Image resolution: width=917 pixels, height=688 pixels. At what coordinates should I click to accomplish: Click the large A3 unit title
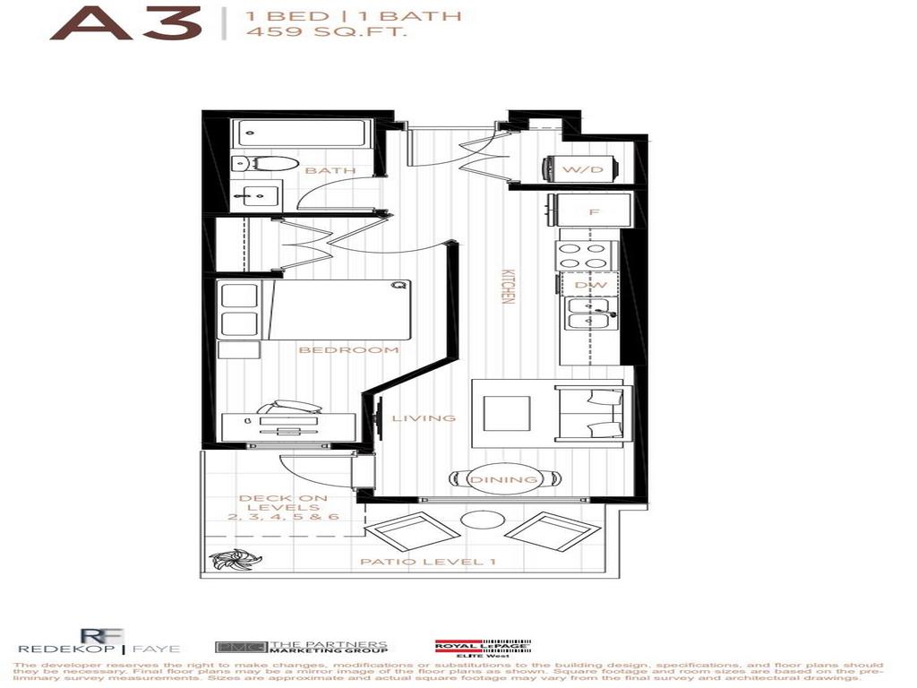124,24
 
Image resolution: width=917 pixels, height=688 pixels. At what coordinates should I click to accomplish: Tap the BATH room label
330,170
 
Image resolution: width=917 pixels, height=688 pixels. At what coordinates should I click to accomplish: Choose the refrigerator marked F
594,212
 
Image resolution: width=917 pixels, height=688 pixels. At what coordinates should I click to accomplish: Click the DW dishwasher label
592,285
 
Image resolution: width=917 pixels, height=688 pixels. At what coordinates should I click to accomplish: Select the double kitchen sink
588,313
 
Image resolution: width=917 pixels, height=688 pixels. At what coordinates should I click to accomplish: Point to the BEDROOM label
348,349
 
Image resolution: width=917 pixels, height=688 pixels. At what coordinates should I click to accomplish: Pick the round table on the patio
474,522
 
